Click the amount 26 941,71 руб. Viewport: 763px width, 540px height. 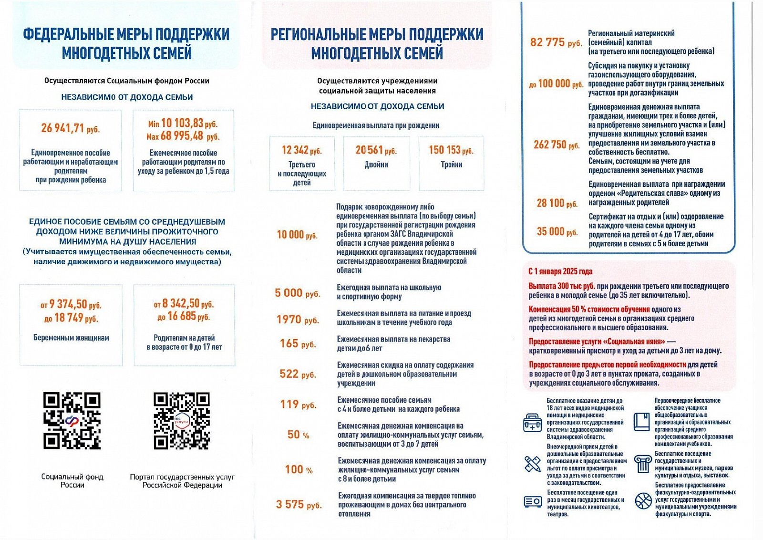pyautogui.click(x=70, y=128)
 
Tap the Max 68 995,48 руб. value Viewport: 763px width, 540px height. pyautogui.click(x=183, y=136)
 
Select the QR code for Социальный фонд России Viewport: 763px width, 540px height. pyautogui.click(x=72, y=421)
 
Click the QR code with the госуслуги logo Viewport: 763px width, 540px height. pyautogui.click(x=182, y=421)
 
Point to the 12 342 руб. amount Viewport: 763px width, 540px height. pyautogui.click(x=301, y=150)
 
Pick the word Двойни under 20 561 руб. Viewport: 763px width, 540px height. pyautogui.click(x=376, y=165)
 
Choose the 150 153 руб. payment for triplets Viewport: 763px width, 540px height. pyautogui.click(x=451, y=150)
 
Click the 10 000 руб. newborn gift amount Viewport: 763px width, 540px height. pyautogui.click(x=297, y=235)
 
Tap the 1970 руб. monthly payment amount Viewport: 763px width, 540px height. pyautogui.click(x=298, y=320)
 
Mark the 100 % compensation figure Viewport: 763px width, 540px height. pyautogui.click(x=299, y=470)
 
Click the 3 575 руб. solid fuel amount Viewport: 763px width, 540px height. pyautogui.click(x=299, y=505)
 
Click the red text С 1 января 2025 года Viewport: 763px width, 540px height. pyautogui.click(x=560, y=271)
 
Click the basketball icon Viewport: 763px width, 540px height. pyautogui.click(x=643, y=500)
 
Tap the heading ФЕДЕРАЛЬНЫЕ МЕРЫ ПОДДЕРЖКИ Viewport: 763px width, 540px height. pyautogui.click(x=126, y=34)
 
